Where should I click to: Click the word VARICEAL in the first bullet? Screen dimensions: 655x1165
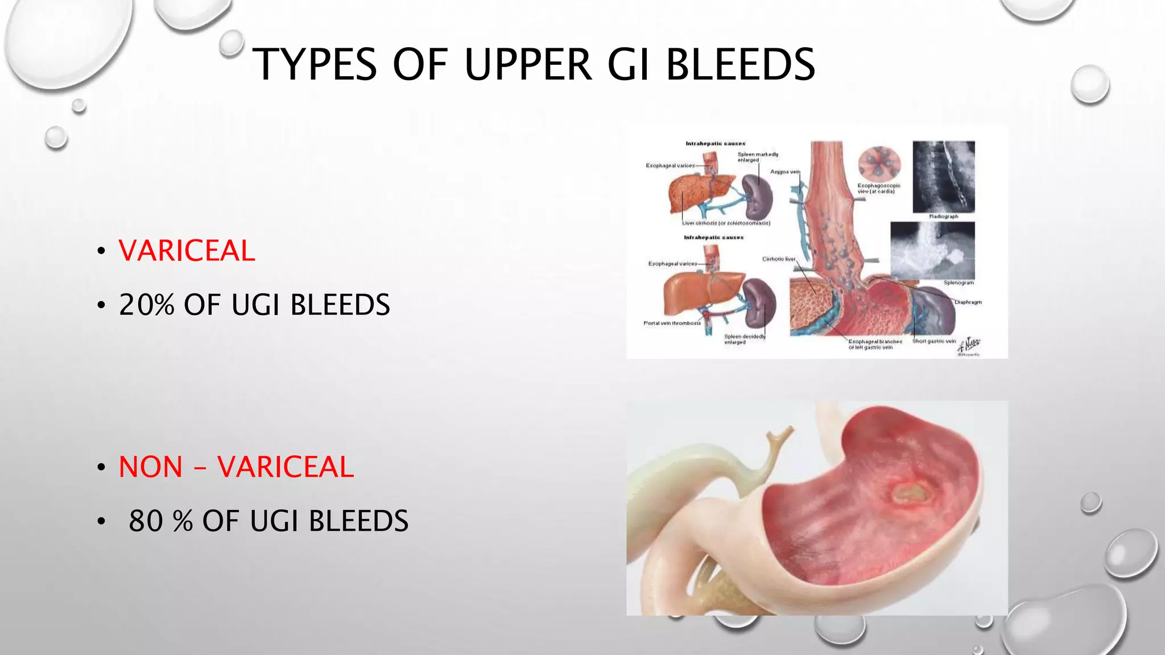[x=187, y=251]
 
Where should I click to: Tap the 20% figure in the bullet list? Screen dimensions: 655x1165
[x=146, y=305]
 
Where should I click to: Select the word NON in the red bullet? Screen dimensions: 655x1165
[x=151, y=467]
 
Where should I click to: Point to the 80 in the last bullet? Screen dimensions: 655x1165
[x=146, y=521]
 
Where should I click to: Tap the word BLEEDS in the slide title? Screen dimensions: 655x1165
[x=740, y=64]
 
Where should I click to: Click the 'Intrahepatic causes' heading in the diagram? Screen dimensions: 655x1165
[x=715, y=144]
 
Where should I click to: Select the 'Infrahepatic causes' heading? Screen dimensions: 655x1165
[x=713, y=238]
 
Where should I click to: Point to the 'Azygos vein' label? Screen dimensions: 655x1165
[x=784, y=172]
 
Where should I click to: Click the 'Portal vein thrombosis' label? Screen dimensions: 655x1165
[x=672, y=323]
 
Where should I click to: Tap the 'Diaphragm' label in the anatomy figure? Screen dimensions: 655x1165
[x=968, y=302]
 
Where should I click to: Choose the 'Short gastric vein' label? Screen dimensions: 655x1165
[x=934, y=341]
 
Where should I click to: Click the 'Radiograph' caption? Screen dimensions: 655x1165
[x=944, y=217]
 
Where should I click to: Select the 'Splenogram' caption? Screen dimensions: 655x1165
[x=959, y=283]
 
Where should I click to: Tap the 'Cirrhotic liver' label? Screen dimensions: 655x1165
[x=778, y=259]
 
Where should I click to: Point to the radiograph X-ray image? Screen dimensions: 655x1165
[x=944, y=176]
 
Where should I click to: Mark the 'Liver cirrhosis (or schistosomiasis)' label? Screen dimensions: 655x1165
[x=726, y=223]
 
